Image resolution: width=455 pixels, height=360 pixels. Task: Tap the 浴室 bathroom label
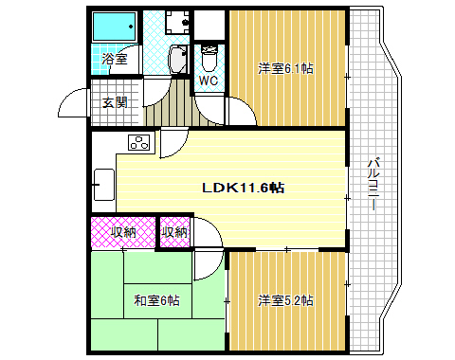[116, 59]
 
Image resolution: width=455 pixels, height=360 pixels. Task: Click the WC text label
[209, 81]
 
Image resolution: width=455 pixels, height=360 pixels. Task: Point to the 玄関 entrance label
[116, 102]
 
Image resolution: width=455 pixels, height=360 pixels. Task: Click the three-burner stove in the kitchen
[139, 144]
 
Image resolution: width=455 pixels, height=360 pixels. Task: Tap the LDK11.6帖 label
[243, 188]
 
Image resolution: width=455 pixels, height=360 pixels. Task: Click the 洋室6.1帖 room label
[285, 68]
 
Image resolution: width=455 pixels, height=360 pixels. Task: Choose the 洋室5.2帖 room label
[286, 301]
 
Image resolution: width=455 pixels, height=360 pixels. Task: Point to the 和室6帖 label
[156, 301]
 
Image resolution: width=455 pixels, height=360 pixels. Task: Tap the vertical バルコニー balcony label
[373, 186]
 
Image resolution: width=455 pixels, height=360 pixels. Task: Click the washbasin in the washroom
[176, 61]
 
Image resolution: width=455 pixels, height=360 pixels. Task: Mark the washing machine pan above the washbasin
[176, 22]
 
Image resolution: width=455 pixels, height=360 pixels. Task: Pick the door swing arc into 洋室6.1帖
[243, 112]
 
